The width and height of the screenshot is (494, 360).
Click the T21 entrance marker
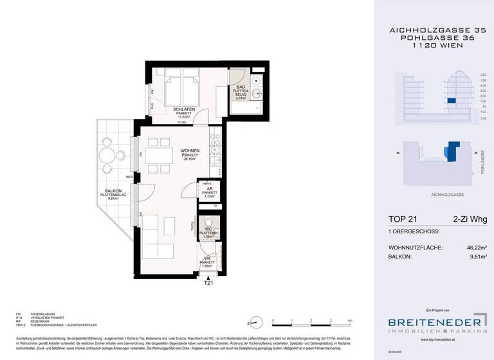click(208, 282)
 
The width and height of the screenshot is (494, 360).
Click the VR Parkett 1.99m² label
click(206, 262)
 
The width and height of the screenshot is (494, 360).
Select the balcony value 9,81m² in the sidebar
click(475, 257)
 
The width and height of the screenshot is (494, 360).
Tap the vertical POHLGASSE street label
click(482, 161)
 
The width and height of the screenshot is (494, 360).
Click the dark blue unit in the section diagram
click(452, 100)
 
